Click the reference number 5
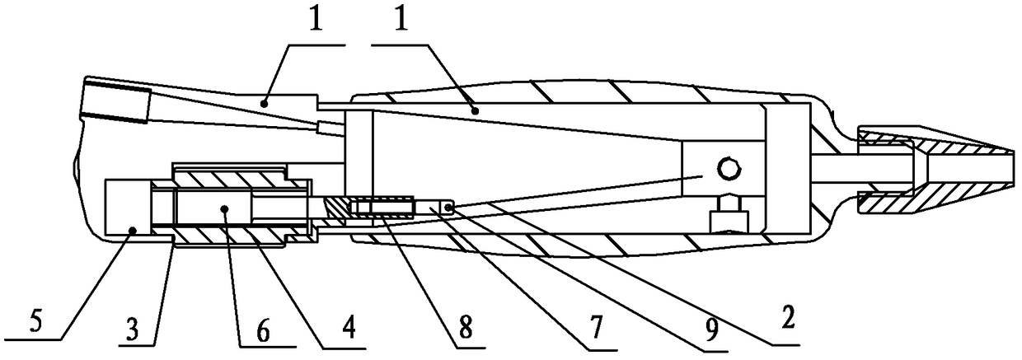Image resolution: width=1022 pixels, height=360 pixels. pyautogui.click(x=35, y=321)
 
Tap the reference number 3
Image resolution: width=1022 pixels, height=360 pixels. pyautogui.click(x=133, y=329)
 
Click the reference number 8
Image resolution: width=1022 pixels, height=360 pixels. pyautogui.click(x=466, y=327)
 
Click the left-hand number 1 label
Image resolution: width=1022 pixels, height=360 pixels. pyautogui.click(x=316, y=17)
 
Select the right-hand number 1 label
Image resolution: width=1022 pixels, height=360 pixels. pyautogui.click(x=401, y=17)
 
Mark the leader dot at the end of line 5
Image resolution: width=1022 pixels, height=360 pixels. pyautogui.click(x=133, y=231)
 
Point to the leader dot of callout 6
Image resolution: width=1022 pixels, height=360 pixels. pyautogui.click(x=224, y=209)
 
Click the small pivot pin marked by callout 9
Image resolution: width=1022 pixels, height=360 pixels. pyautogui.click(x=448, y=208)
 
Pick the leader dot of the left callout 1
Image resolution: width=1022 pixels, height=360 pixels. pyautogui.click(x=264, y=104)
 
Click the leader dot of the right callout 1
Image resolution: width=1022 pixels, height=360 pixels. pyautogui.click(x=476, y=110)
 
